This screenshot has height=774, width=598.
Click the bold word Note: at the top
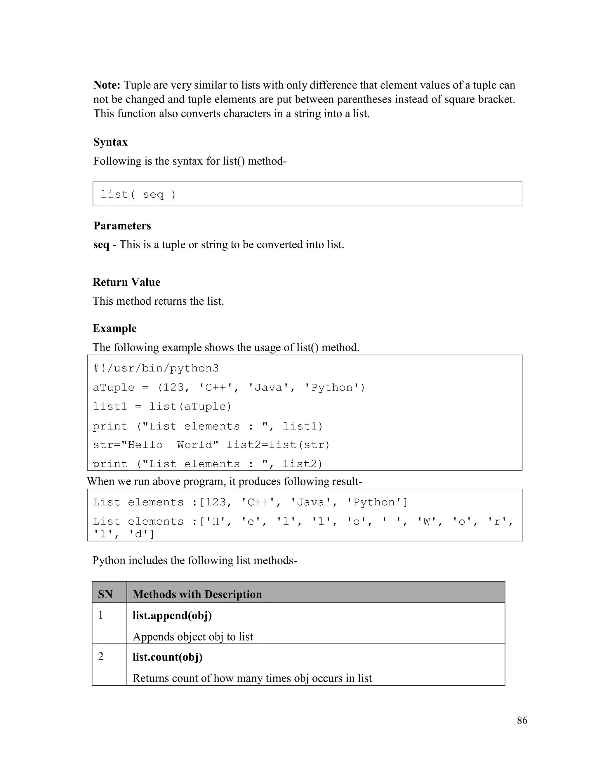[x=107, y=85]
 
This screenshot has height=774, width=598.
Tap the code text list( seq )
[x=138, y=195]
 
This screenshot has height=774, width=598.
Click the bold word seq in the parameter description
[x=101, y=245]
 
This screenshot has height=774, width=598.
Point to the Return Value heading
[x=126, y=282]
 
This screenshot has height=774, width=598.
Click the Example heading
[x=114, y=329]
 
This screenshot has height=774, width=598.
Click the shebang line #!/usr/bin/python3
[x=156, y=369]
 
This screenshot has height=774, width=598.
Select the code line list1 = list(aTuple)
[x=162, y=407]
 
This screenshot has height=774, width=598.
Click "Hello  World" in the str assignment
[x=170, y=445]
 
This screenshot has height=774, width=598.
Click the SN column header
[x=105, y=594]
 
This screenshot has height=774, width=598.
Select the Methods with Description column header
[x=197, y=594]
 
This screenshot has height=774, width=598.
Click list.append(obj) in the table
[x=172, y=616]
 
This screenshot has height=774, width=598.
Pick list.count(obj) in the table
[x=168, y=657]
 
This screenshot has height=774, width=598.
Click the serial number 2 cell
[x=101, y=657]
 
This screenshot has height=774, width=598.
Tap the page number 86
[x=522, y=721]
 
